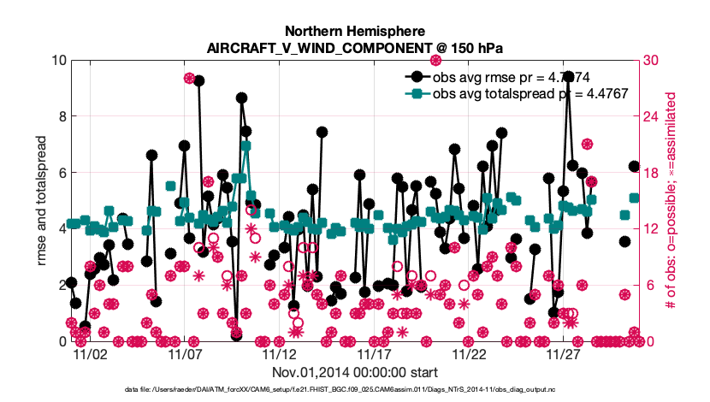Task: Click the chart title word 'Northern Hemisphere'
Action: [x=354, y=30]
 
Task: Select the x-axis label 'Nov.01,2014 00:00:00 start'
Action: [x=355, y=372]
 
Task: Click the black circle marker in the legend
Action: [x=416, y=77]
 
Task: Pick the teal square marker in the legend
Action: [x=416, y=93]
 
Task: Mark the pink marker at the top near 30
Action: [x=435, y=60]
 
